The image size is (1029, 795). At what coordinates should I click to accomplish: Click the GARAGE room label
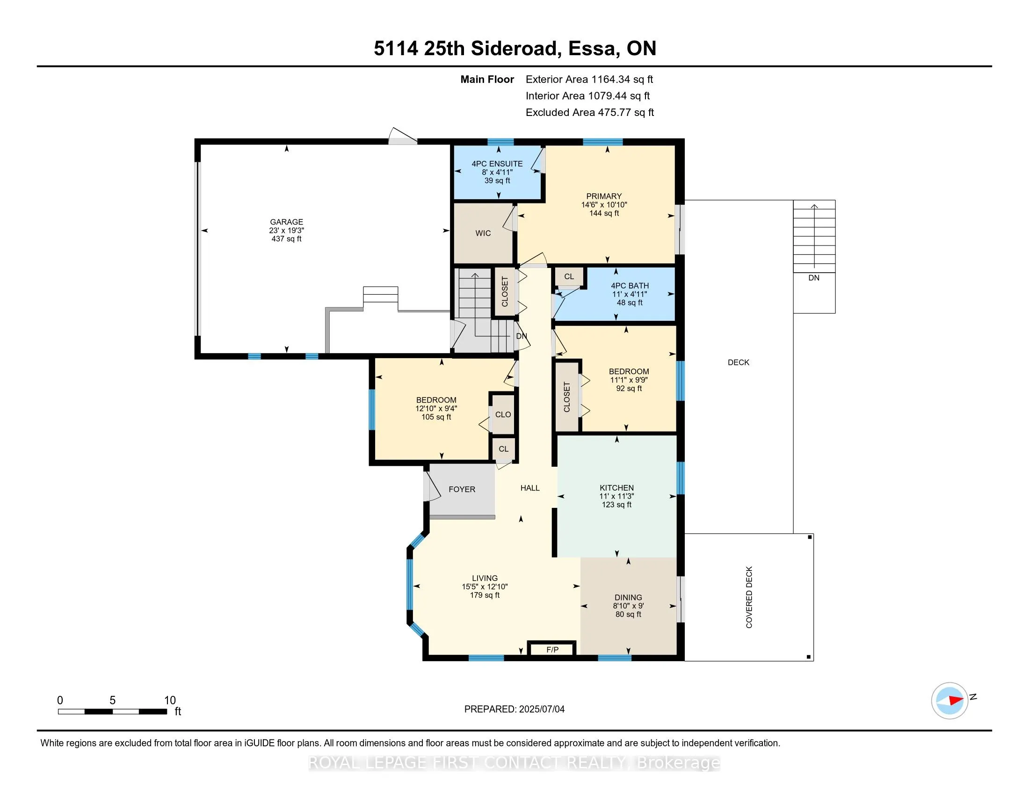pos(286,222)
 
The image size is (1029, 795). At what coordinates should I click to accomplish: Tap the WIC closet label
pos(483,233)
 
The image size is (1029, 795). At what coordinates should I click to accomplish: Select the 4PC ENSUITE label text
pos(497,164)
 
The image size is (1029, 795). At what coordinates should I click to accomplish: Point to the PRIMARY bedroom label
pos(603,196)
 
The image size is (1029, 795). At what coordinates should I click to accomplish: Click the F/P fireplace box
pos(552,650)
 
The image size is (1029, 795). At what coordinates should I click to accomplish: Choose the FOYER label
pos(462,489)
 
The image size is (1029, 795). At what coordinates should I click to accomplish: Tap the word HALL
pos(529,488)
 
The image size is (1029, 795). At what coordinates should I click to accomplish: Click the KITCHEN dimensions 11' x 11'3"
pos(616,496)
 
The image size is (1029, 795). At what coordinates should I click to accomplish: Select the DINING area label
pos(628,597)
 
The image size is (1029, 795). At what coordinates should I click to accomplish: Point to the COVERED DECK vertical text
pos(749,597)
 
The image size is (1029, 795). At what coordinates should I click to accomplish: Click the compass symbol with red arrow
pos(949,701)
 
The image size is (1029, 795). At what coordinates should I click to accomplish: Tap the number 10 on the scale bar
pos(170,701)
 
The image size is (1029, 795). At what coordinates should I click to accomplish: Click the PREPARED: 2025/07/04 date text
pos(514,709)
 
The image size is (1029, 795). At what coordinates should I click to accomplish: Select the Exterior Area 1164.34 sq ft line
pos(589,79)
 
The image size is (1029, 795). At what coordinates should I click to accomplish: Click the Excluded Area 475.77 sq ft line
pos(589,113)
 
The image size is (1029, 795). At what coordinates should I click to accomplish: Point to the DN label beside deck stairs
pos(814,278)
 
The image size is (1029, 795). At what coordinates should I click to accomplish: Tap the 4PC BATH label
pos(630,286)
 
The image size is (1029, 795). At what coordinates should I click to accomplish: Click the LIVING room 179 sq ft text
pos(485,595)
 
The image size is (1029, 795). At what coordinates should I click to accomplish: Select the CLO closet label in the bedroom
pos(503,414)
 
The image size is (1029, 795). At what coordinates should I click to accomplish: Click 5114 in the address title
pos(395,49)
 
